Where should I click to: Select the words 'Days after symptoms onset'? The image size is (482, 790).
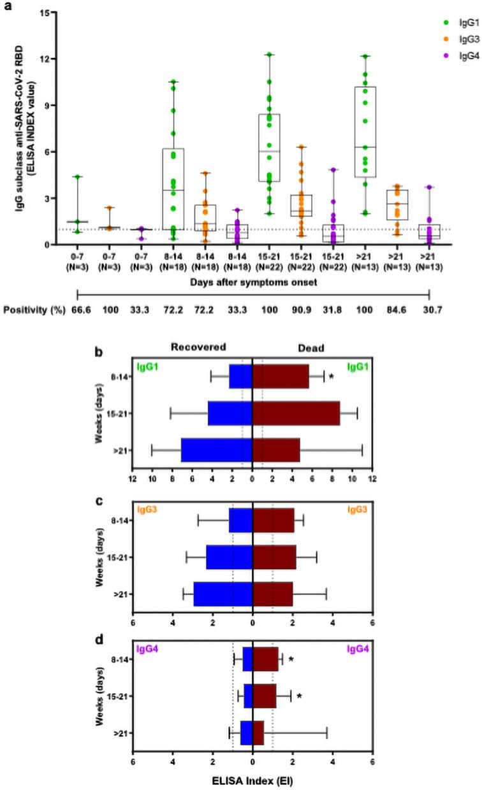pos(254,282)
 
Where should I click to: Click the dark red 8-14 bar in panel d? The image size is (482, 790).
pos(266,658)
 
